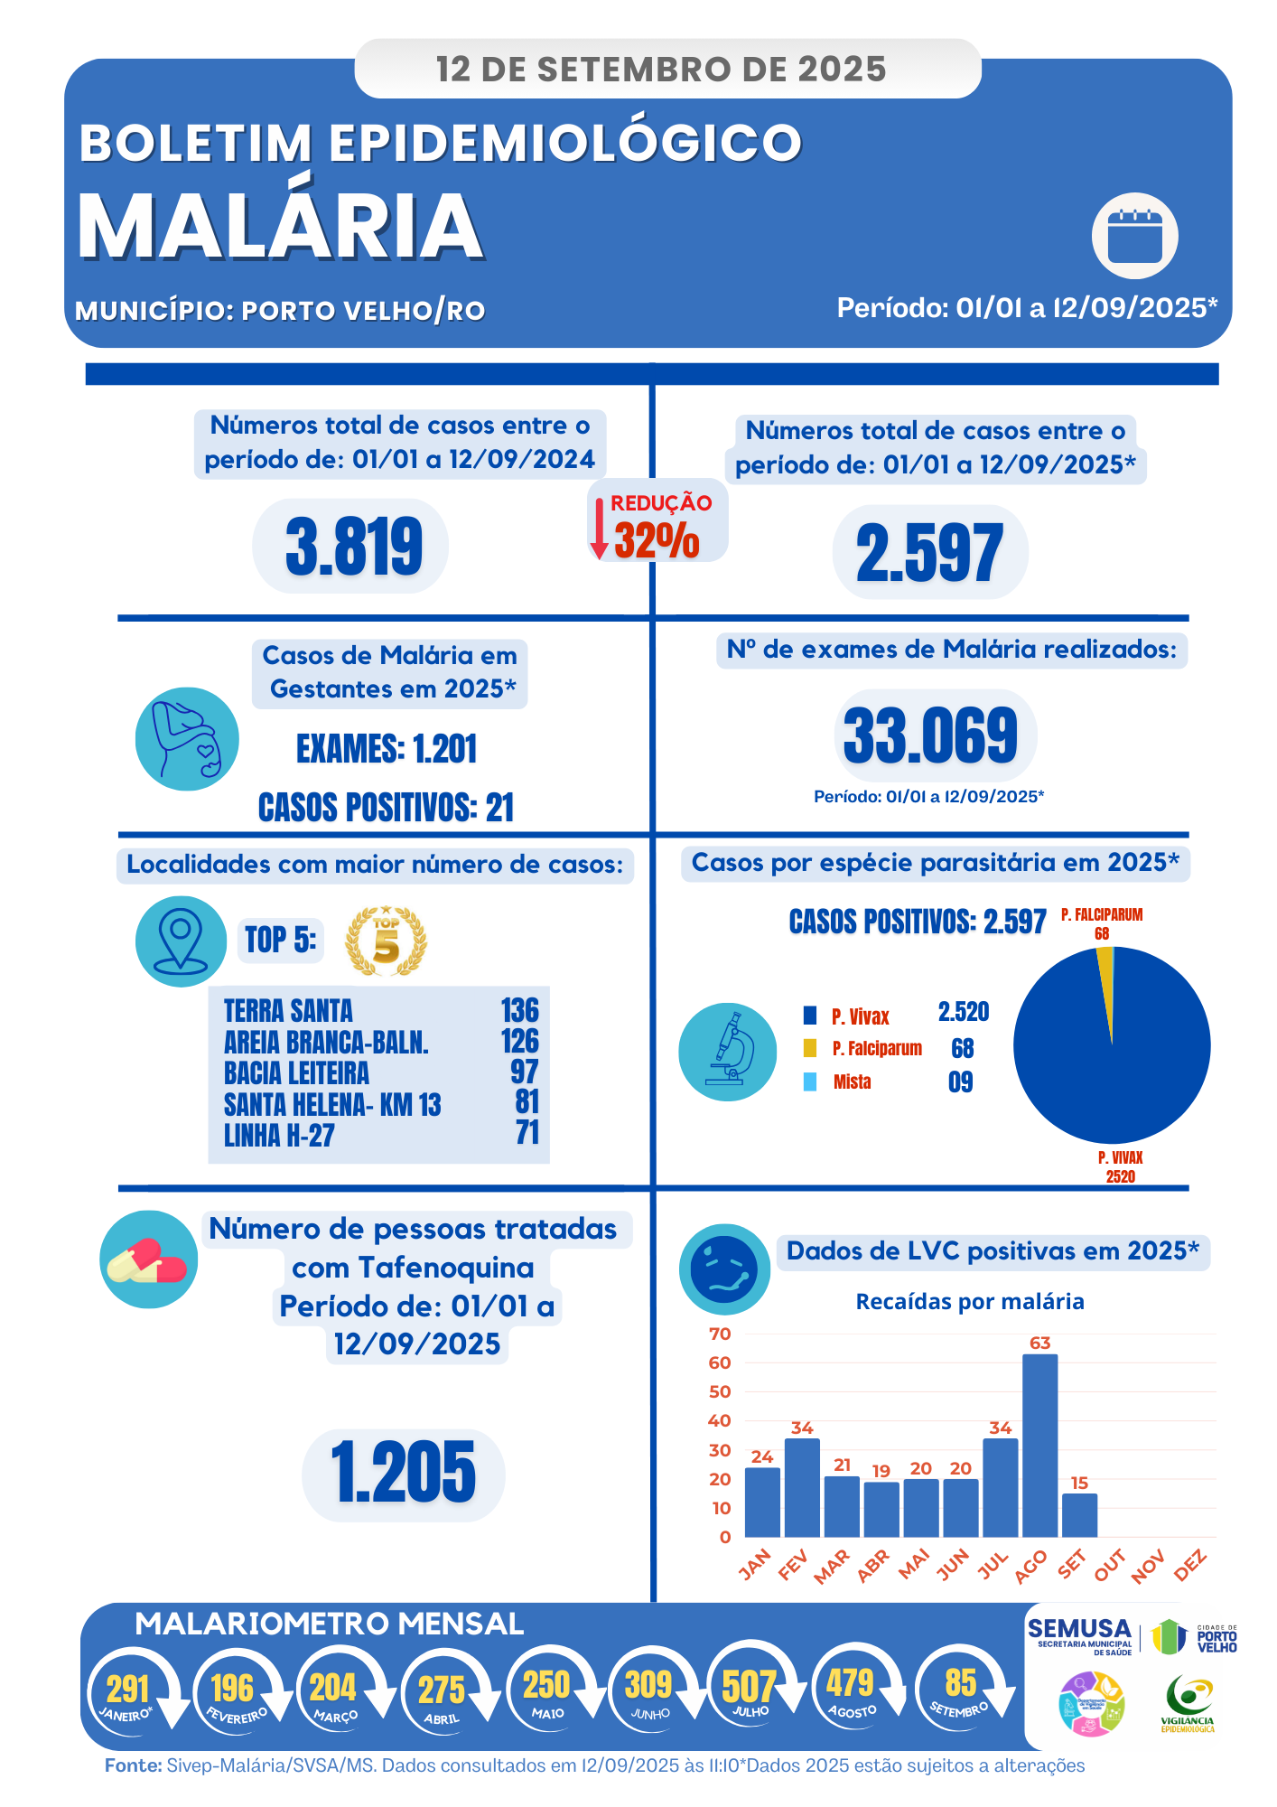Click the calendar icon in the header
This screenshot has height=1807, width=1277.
pyautogui.click(x=1134, y=236)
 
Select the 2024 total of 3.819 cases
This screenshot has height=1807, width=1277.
pyautogui.click(x=353, y=547)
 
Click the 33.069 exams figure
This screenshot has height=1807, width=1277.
pyautogui.click(x=931, y=735)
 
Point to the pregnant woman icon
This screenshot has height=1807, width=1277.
pyautogui.click(x=187, y=739)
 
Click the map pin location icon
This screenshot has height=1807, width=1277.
pyautogui.click(x=181, y=941)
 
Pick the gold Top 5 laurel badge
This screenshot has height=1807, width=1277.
pyautogui.click(x=386, y=941)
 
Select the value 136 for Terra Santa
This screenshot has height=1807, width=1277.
pyautogui.click(x=519, y=1010)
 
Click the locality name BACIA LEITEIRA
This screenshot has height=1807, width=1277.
pyautogui.click(x=296, y=1073)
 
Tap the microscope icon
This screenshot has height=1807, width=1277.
pyautogui.click(x=728, y=1051)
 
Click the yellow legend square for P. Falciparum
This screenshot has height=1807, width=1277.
pyautogui.click(x=810, y=1048)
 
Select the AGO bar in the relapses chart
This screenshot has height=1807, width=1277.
pyautogui.click(x=1039, y=1445)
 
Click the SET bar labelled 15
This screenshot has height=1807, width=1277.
pyautogui.click(x=1079, y=1515)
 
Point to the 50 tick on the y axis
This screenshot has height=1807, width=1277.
pyautogui.click(x=720, y=1392)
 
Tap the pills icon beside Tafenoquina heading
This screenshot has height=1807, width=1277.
pyautogui.click(x=148, y=1259)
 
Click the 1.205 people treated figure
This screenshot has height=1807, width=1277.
pyautogui.click(x=403, y=1474)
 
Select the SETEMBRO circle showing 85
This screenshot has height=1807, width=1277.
pyautogui.click(x=959, y=1688)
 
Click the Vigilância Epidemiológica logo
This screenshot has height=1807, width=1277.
pyautogui.click(x=1188, y=1703)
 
